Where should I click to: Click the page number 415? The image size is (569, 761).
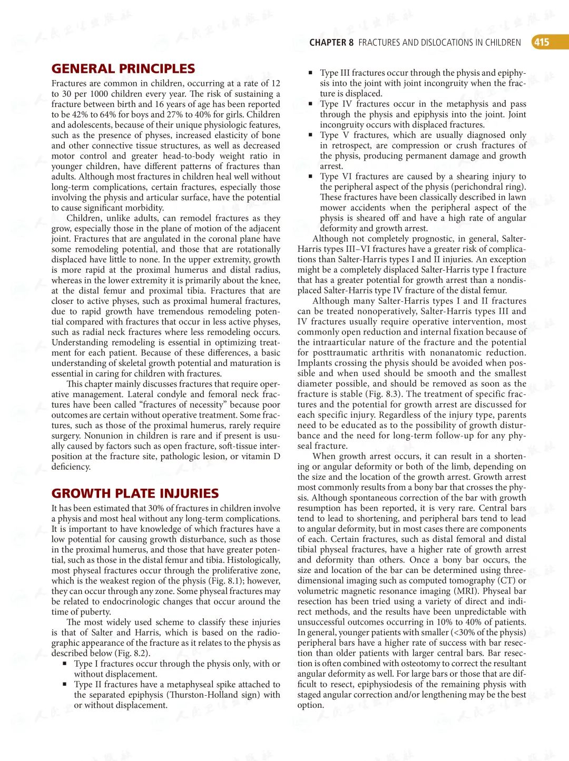[542, 42]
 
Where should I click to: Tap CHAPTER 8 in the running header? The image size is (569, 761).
[331, 43]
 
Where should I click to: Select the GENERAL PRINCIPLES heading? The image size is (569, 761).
[123, 68]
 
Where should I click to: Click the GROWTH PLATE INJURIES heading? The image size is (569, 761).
[135, 493]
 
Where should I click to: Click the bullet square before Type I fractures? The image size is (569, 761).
[65, 664]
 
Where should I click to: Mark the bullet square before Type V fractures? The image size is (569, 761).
[311, 135]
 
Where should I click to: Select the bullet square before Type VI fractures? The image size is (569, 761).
[311, 177]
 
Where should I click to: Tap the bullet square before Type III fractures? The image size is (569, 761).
[311, 73]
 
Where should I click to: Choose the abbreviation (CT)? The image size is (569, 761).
[506, 581]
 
